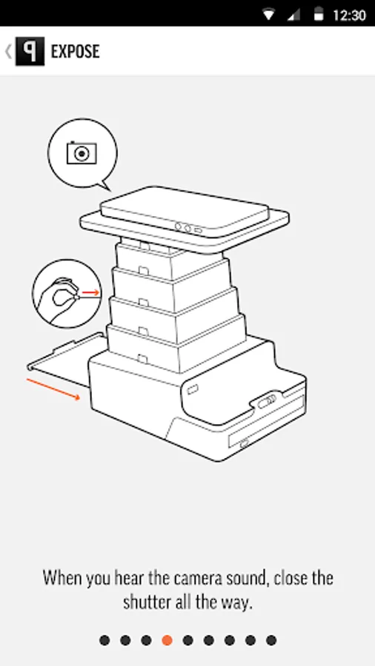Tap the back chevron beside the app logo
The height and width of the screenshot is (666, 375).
(x=8, y=52)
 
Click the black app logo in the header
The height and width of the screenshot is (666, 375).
(x=30, y=51)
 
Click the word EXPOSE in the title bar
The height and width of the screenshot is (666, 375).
(x=76, y=51)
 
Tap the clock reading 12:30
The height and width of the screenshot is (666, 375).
(x=349, y=16)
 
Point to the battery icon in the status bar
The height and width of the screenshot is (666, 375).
(x=319, y=15)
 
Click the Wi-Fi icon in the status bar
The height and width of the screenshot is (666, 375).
(x=269, y=16)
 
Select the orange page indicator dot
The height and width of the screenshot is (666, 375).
(x=167, y=640)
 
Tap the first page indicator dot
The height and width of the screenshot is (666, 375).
(x=104, y=640)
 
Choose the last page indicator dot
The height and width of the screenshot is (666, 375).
(x=271, y=640)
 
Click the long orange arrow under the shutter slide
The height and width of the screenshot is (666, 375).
(x=53, y=388)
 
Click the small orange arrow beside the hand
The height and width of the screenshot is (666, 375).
(x=90, y=292)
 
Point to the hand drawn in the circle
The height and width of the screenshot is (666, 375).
(x=59, y=299)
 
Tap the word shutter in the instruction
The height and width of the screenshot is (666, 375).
(x=147, y=602)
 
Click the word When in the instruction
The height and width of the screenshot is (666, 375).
(x=62, y=578)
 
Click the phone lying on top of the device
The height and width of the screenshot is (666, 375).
(x=185, y=211)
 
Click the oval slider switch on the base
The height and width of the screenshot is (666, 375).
(x=267, y=401)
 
